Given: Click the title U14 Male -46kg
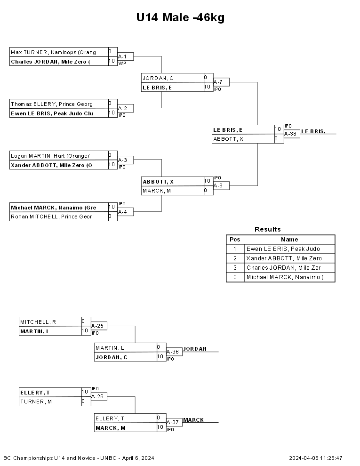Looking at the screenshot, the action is click(x=180, y=17).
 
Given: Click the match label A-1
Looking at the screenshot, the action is click(x=122, y=56).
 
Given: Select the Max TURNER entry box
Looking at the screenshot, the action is click(x=59, y=52).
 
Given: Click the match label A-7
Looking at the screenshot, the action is click(x=218, y=82).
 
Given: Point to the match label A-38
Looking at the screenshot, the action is click(x=290, y=134).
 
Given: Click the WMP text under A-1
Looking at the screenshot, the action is click(x=122, y=63).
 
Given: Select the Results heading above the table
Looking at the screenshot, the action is click(x=268, y=229).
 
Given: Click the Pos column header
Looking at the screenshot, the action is click(x=235, y=240).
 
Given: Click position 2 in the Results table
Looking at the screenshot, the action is click(x=235, y=258).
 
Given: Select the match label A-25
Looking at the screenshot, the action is click(x=97, y=326).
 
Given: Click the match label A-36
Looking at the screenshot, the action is click(x=173, y=352).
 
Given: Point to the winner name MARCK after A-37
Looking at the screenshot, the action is click(x=193, y=420).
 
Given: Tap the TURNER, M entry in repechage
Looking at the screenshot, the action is click(x=50, y=402).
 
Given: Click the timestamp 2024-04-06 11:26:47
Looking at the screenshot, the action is click(x=316, y=458).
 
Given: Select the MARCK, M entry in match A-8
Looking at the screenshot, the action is click(x=173, y=191).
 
